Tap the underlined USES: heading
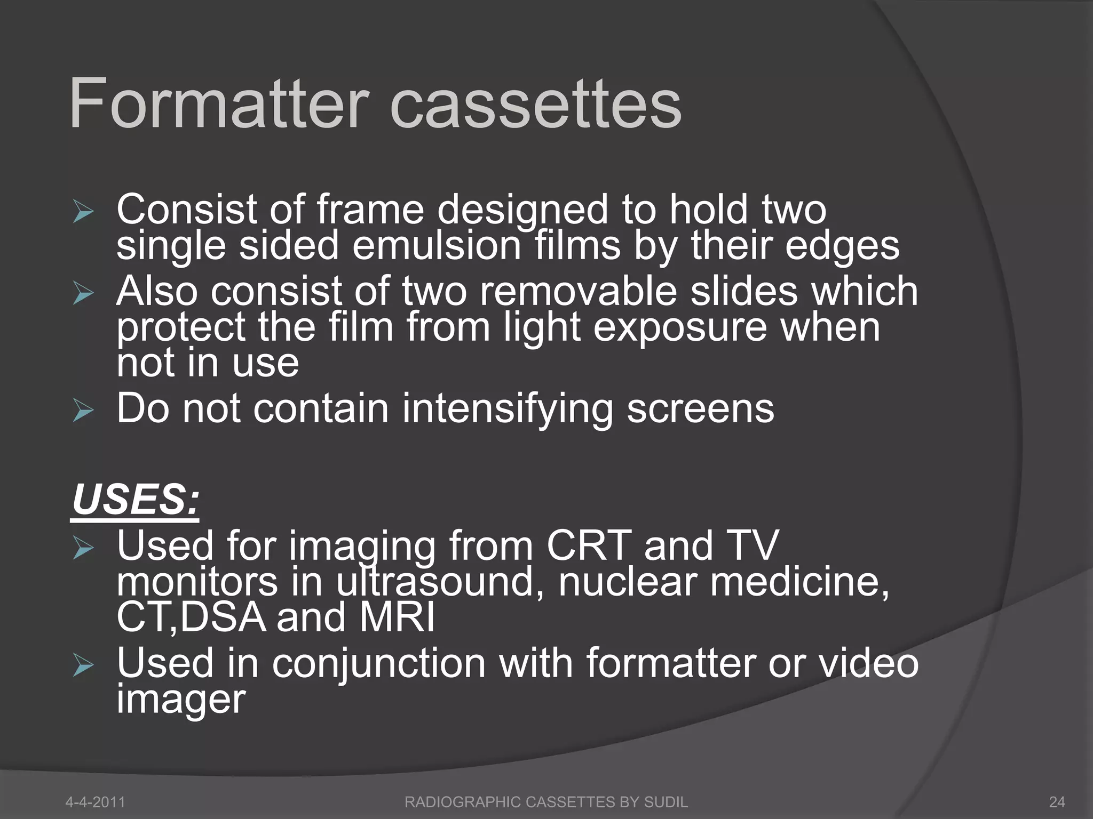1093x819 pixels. pyautogui.click(x=136, y=500)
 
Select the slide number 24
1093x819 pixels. pyautogui.click(x=1057, y=802)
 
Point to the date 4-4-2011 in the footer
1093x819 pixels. pyautogui.click(x=95, y=802)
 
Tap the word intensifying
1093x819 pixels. pyautogui.click(x=507, y=409)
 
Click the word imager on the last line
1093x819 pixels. pyautogui.click(x=181, y=699)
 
